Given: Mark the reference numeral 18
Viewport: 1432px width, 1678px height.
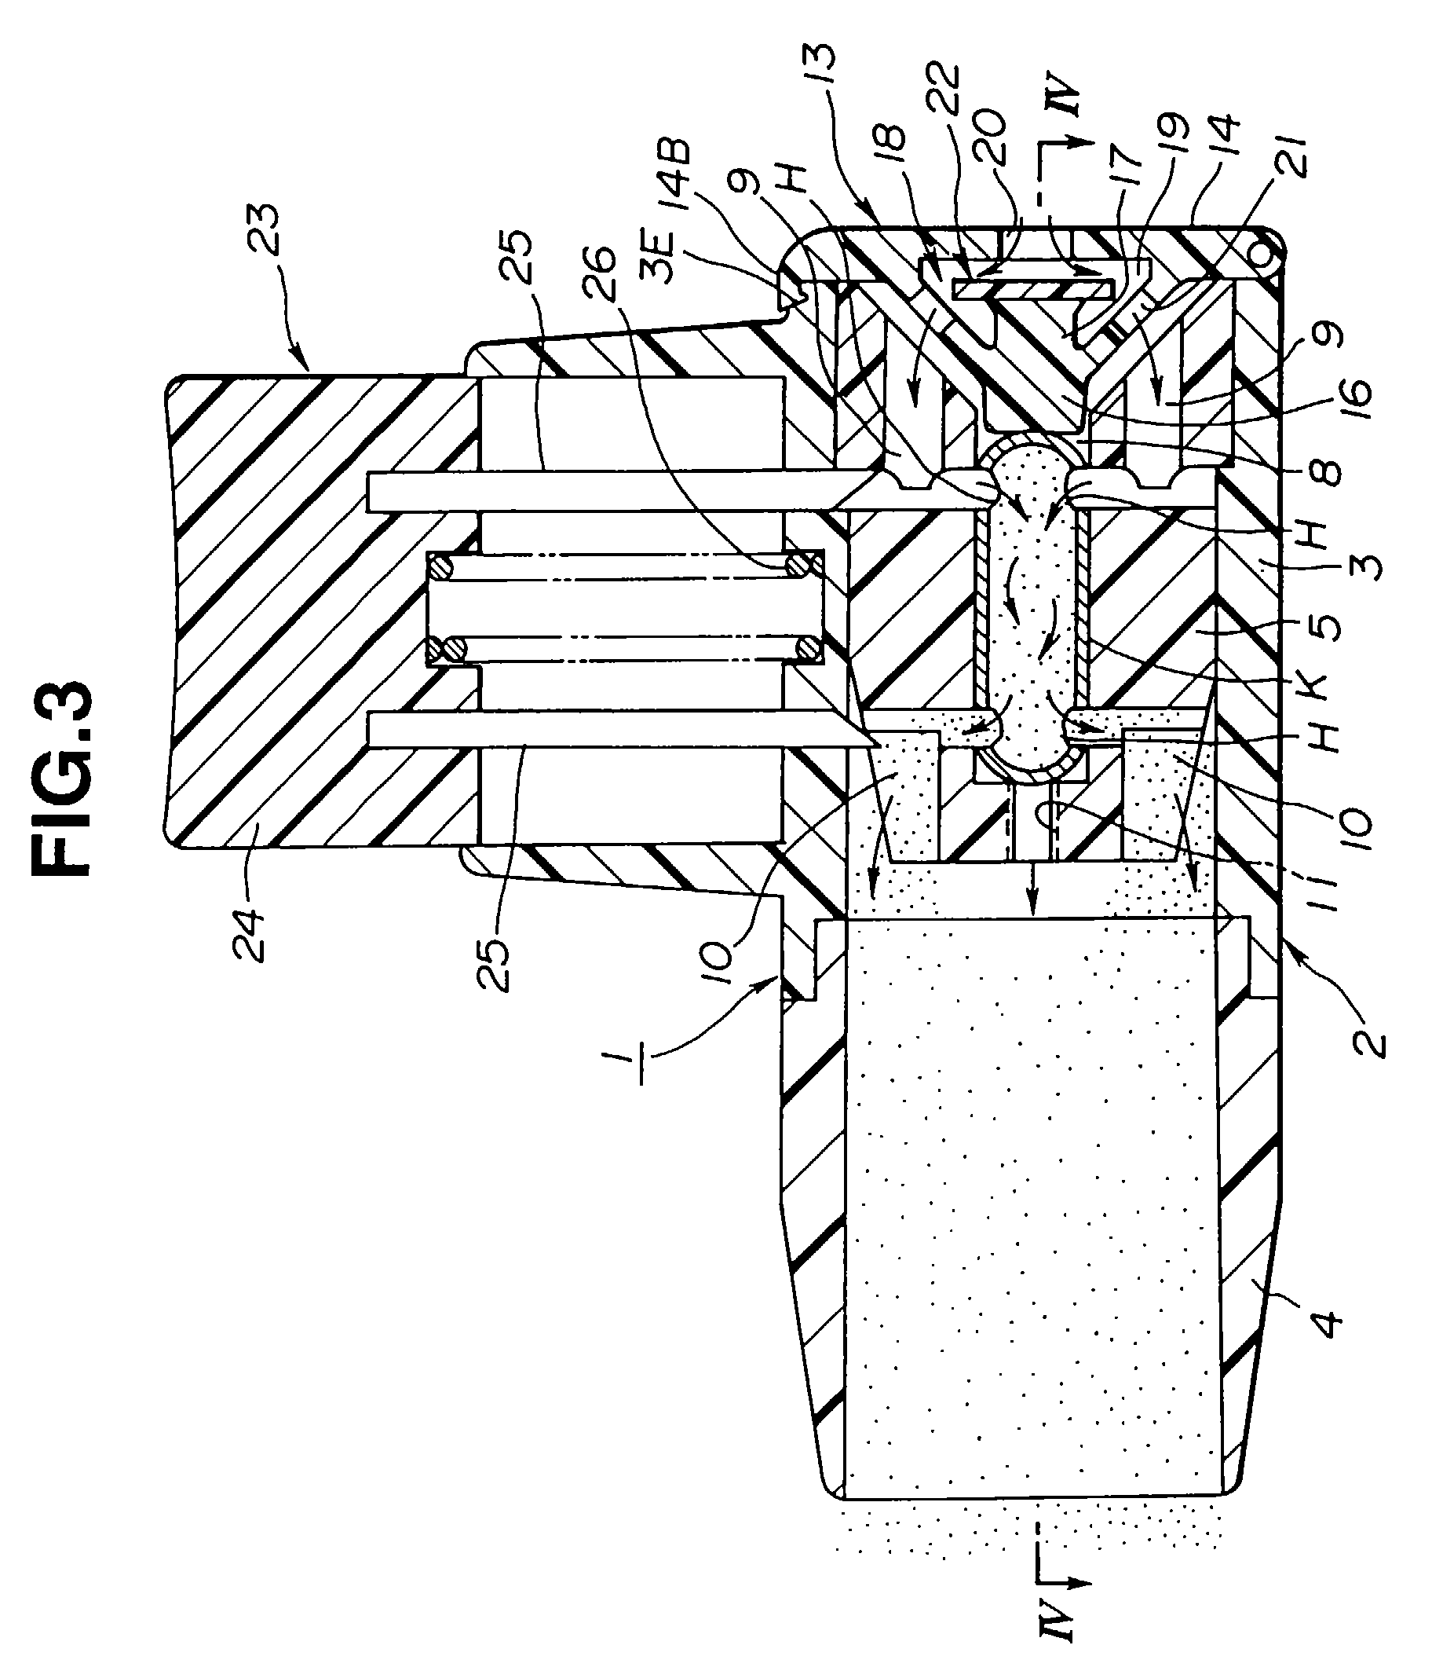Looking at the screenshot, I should click(x=880, y=143).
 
